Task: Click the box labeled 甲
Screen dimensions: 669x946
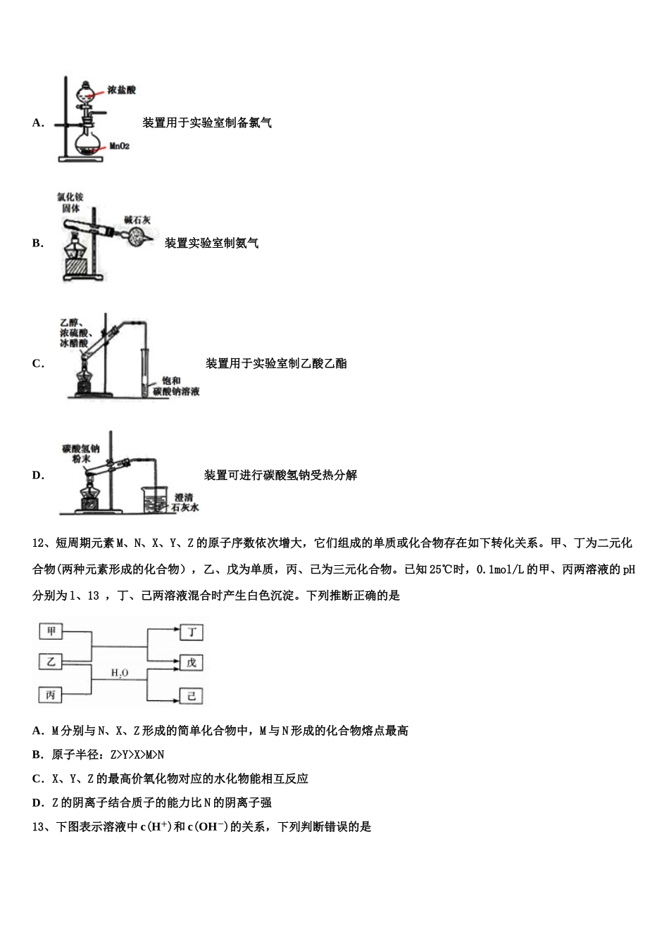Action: pos(51,631)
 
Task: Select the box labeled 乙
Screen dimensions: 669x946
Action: pos(51,662)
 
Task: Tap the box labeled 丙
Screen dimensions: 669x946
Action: pos(51,695)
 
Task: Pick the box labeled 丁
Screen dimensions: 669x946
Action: pos(191,631)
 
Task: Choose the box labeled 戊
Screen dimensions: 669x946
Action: pos(191,663)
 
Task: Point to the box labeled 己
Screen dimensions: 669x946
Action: pos(191,696)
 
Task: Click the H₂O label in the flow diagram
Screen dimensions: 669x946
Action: pos(120,674)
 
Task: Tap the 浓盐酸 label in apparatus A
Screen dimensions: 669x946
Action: pos(121,90)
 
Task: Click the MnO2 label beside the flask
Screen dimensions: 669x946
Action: pos(119,146)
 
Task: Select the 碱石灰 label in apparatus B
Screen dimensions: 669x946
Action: pos(137,220)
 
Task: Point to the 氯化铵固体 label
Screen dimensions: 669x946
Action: pos(70,203)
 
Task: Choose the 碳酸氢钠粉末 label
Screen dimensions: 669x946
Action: pos(80,453)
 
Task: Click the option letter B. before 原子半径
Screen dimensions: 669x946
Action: pos(37,755)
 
